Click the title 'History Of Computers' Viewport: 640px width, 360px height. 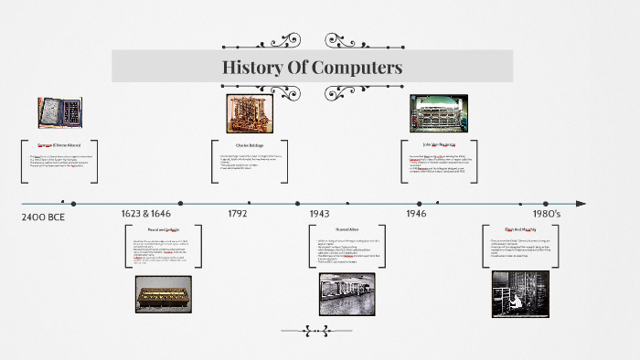[x=312, y=68]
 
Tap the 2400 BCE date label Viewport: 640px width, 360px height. [x=43, y=217]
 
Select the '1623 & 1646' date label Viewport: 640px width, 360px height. [x=145, y=213]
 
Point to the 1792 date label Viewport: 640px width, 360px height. [x=238, y=213]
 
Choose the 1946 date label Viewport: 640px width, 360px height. [x=416, y=213]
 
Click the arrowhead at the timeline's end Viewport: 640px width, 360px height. [x=581, y=204]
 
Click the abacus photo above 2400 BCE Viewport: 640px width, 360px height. [x=58, y=112]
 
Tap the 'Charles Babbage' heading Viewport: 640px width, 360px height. [x=251, y=144]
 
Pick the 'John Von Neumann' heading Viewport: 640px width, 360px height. [x=440, y=143]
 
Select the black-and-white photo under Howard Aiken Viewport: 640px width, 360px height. [x=347, y=294]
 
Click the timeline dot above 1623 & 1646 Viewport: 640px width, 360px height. [x=180, y=204]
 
